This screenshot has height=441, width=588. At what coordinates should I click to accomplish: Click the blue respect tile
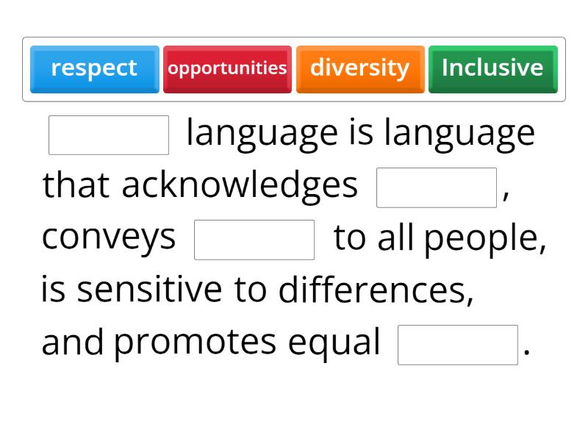pyautogui.click(x=94, y=68)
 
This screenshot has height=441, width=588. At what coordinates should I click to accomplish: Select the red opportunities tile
pyautogui.click(x=227, y=68)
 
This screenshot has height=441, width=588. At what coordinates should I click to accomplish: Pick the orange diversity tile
pyautogui.click(x=359, y=68)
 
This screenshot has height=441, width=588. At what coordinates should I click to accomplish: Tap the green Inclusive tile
pyautogui.click(x=492, y=68)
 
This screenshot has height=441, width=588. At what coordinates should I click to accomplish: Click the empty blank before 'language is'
pyautogui.click(x=109, y=135)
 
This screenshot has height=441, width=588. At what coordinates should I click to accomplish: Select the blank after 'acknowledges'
pyautogui.click(x=437, y=187)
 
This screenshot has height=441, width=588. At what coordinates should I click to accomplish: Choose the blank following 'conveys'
pyautogui.click(x=254, y=240)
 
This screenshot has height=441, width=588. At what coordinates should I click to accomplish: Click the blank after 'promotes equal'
pyautogui.click(x=458, y=345)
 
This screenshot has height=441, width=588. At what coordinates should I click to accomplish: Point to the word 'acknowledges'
pyautogui.click(x=239, y=186)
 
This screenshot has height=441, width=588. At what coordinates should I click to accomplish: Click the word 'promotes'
pyautogui.click(x=195, y=343)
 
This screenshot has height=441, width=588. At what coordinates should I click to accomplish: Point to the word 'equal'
pyautogui.click(x=334, y=343)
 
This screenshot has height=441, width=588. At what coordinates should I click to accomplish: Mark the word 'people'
pyautogui.click(x=484, y=239)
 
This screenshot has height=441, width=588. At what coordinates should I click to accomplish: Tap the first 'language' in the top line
pyautogui.click(x=262, y=134)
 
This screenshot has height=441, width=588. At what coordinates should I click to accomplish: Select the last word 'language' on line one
pyautogui.click(x=459, y=134)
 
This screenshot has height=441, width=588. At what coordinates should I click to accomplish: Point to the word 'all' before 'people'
pyautogui.click(x=396, y=238)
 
